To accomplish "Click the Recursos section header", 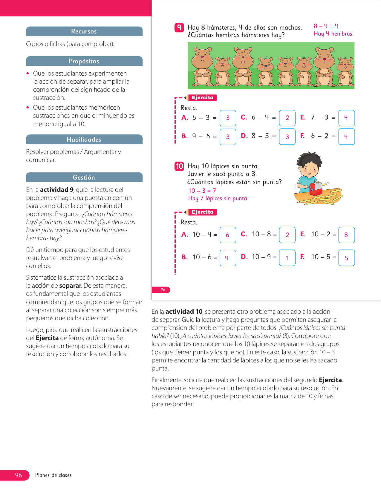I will [x=84, y=31].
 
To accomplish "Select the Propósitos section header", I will [x=84, y=61].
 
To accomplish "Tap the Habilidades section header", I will [x=84, y=140].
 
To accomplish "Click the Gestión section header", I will [x=84, y=177].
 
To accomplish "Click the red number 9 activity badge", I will [x=179, y=27].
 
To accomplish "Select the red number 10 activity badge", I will [x=179, y=166].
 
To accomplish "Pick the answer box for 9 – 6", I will [x=228, y=137].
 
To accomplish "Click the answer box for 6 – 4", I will [x=287, y=118].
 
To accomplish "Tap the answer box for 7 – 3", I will [x=346, y=118].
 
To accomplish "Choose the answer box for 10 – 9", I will [x=287, y=258].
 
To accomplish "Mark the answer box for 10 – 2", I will [x=346, y=235].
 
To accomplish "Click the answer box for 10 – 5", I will [x=346, y=258].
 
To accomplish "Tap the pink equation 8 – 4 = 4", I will [x=326, y=26].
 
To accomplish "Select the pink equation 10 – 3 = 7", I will [x=202, y=191].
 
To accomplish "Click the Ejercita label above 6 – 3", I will [x=202, y=98].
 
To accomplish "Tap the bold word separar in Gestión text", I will [x=70, y=286].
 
